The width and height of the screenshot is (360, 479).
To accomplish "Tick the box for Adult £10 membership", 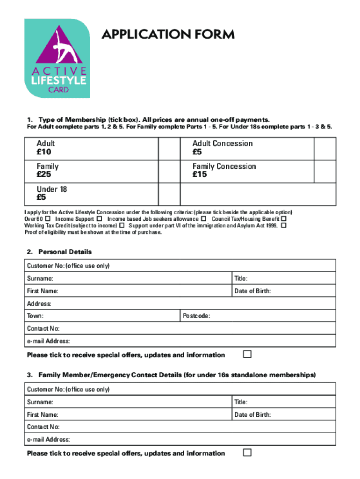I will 169,148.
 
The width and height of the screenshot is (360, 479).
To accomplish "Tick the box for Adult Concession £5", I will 324,148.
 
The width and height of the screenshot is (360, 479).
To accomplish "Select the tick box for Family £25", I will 169,171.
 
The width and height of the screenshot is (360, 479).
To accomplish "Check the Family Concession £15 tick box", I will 324,171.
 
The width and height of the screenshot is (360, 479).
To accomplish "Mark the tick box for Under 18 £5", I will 169,194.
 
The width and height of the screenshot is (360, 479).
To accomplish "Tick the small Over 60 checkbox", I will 48,219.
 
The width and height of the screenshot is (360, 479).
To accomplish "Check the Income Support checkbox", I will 99,219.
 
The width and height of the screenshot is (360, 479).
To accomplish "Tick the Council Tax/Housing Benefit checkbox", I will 283,219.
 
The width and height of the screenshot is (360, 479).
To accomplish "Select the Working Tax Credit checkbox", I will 122,225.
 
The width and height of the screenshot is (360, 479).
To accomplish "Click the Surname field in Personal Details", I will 140,279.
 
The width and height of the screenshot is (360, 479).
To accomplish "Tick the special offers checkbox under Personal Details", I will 247,354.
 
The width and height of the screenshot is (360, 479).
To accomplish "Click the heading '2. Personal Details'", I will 59,252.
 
